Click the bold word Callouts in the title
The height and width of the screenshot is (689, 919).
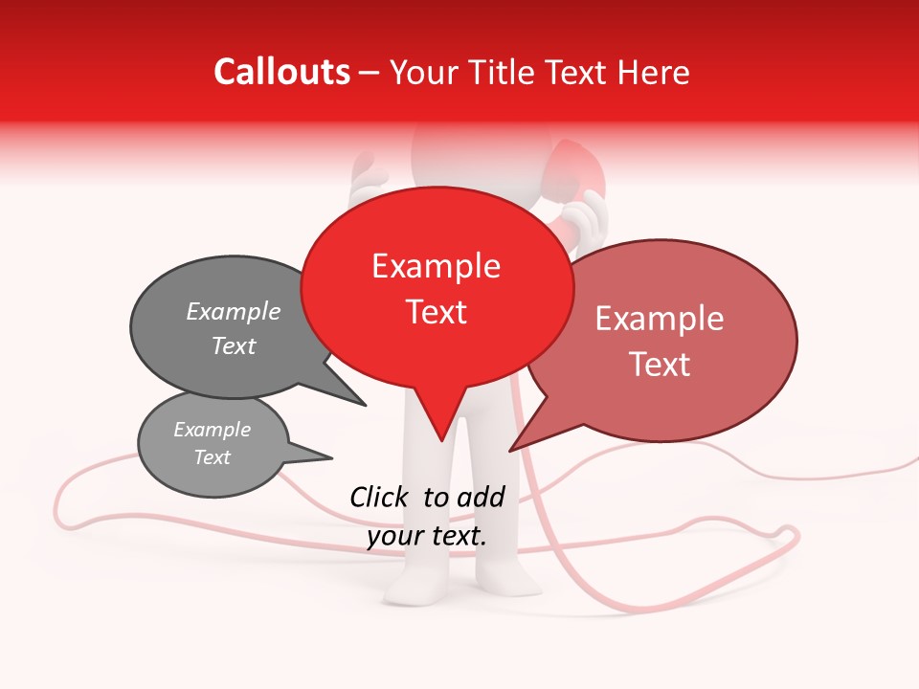tap(281, 72)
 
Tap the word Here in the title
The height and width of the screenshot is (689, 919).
tap(654, 73)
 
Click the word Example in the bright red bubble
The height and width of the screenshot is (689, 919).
tap(436, 266)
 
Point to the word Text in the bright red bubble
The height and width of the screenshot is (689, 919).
tap(436, 312)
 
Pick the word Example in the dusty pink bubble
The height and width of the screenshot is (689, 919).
tap(659, 319)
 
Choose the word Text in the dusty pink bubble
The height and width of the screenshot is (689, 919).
tap(659, 365)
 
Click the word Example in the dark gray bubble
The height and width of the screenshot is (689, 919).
tap(233, 312)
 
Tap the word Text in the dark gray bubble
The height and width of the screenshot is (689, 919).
tap(233, 346)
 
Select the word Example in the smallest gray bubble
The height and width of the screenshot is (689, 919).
tap(212, 430)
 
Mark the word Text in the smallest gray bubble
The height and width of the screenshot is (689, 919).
tap(212, 457)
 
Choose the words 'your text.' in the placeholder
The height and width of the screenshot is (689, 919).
tap(427, 537)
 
